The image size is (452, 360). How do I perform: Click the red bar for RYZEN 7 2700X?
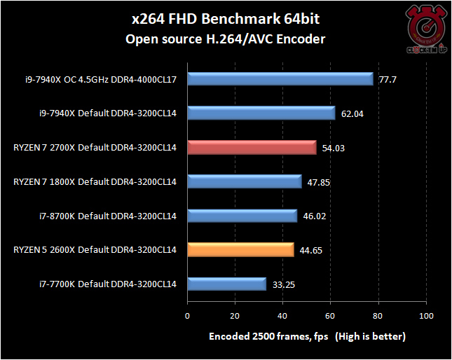click(252, 147)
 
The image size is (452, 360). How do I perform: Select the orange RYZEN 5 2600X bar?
click(240, 249)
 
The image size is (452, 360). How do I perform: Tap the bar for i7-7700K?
click(226, 284)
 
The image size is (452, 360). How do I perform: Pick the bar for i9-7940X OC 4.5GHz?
click(280, 79)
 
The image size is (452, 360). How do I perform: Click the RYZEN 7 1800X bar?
click(244, 181)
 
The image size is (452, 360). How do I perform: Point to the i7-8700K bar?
click(242, 216)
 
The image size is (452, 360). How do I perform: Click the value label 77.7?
click(388, 80)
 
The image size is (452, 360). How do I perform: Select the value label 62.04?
click(352, 113)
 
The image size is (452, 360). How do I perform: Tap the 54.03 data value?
click(333, 148)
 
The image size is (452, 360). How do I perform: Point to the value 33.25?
click(283, 284)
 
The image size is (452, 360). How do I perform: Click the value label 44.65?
click(310, 250)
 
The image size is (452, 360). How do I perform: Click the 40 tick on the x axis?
click(283, 316)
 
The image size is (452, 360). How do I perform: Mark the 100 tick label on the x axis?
click(427, 316)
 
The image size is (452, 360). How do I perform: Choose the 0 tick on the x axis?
click(187, 316)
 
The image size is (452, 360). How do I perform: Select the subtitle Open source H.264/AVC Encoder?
click(225, 39)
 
